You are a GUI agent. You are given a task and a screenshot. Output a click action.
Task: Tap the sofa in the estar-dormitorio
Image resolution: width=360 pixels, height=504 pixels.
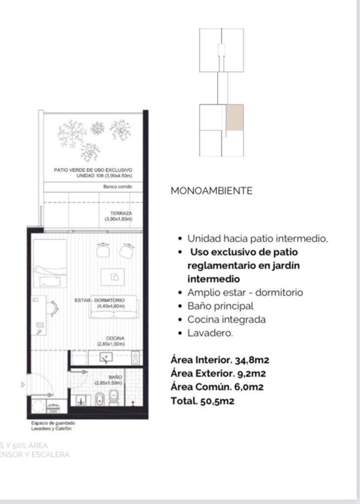114,309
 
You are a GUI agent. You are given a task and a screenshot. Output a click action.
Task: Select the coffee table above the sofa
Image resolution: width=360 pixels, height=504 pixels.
113,276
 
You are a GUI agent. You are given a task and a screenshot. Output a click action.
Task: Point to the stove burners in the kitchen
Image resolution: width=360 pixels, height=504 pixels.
135,357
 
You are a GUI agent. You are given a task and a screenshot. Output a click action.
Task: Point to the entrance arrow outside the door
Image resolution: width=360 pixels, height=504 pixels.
23,384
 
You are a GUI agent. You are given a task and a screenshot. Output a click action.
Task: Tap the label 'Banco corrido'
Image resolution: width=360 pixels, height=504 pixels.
118,187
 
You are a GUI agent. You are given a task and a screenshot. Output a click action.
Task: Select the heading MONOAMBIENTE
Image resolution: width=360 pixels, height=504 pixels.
211,191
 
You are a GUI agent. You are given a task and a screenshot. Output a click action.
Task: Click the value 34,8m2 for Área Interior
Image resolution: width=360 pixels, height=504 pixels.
252,360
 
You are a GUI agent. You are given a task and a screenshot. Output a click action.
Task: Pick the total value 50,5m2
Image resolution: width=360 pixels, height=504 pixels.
217,401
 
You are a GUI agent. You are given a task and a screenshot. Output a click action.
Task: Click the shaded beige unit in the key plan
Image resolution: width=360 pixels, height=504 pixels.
234,118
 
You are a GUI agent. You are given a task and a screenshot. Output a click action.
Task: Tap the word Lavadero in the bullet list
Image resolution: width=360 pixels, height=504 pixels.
209,333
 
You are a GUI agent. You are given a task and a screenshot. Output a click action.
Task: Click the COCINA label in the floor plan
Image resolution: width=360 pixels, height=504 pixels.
115,338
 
